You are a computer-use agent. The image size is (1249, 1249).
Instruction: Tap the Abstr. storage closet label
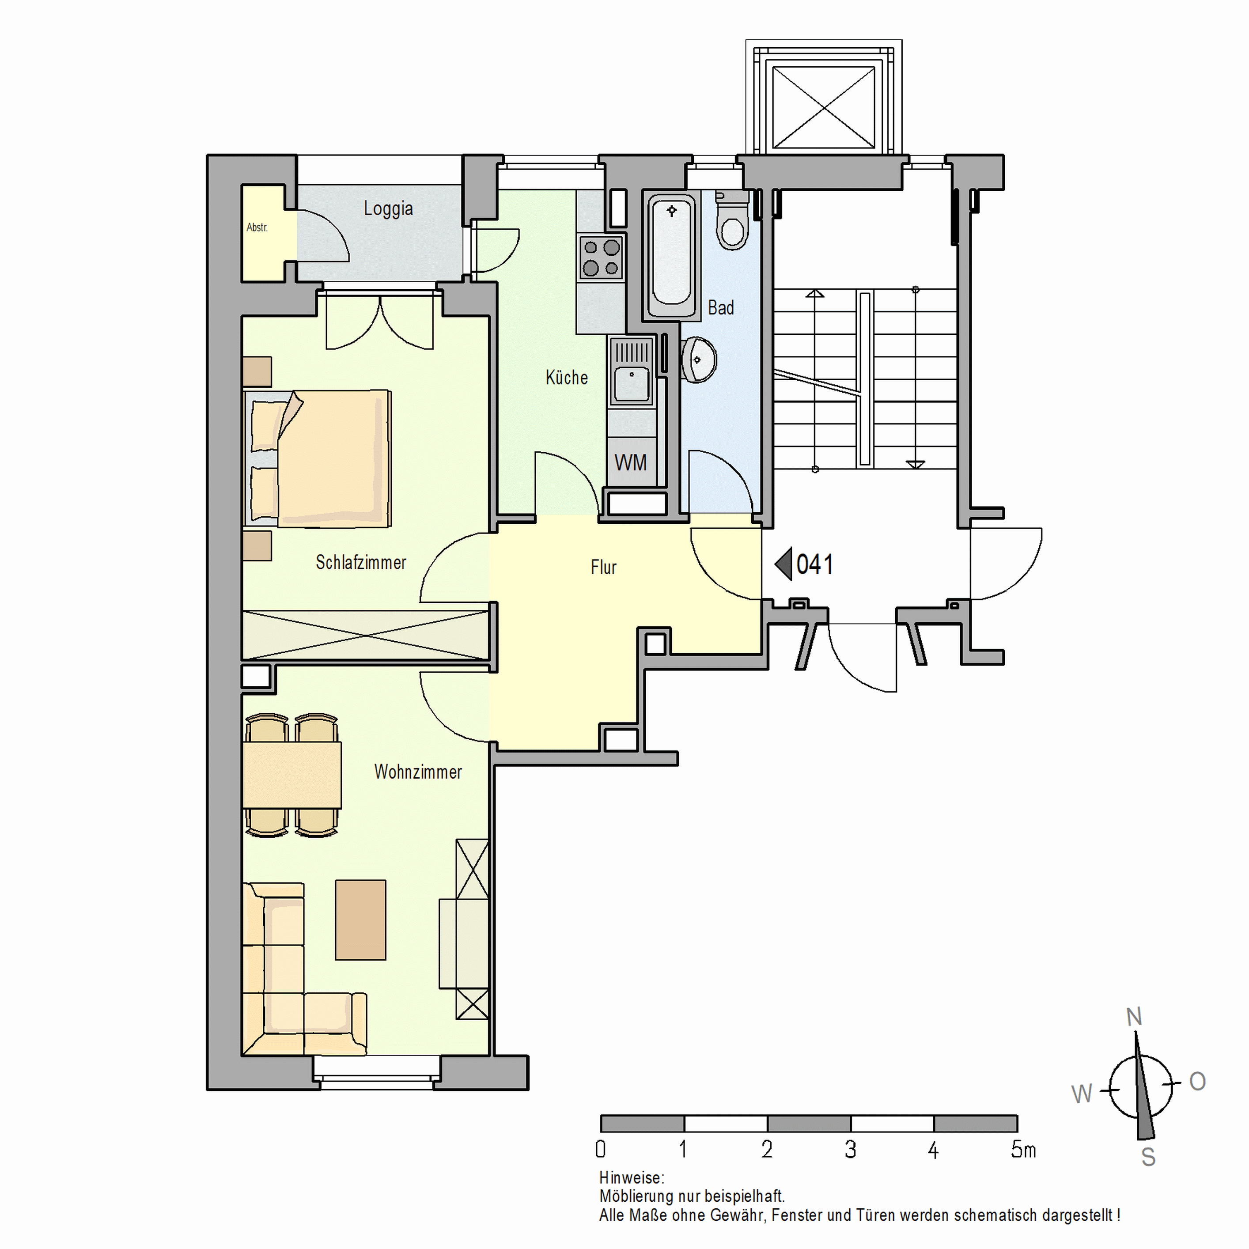[x=257, y=227]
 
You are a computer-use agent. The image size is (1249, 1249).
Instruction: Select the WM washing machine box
[x=630, y=463]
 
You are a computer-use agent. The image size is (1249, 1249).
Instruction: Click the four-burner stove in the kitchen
[x=601, y=257]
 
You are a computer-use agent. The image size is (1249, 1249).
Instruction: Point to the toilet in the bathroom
[x=732, y=223]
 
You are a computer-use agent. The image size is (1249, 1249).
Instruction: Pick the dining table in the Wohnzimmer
[x=291, y=775]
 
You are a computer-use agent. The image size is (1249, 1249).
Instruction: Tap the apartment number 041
[x=814, y=564]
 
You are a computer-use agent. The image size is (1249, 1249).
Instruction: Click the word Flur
[x=603, y=567]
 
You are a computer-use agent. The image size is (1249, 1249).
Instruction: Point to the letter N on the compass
[x=1134, y=1017]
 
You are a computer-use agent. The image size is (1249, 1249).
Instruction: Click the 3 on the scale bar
[x=850, y=1150]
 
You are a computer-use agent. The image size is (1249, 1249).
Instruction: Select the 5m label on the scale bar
[x=1023, y=1150]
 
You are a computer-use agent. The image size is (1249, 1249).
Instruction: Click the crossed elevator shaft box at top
[x=824, y=107]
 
